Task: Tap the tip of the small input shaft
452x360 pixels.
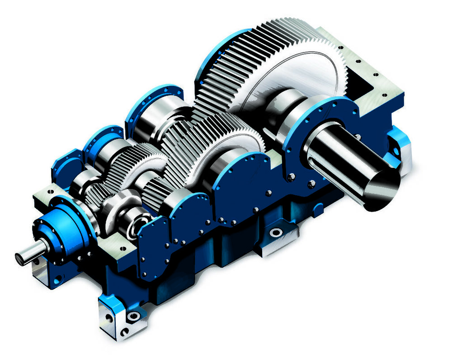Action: pyautogui.click(x=20, y=258)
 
